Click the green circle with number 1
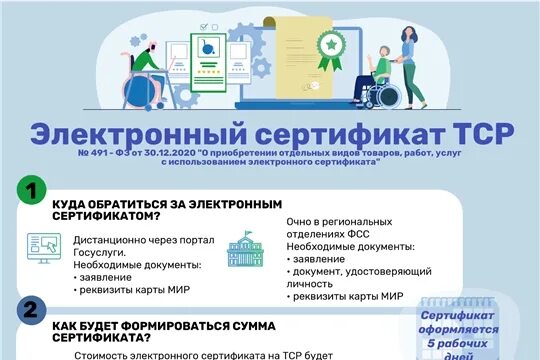(x=34, y=191)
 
